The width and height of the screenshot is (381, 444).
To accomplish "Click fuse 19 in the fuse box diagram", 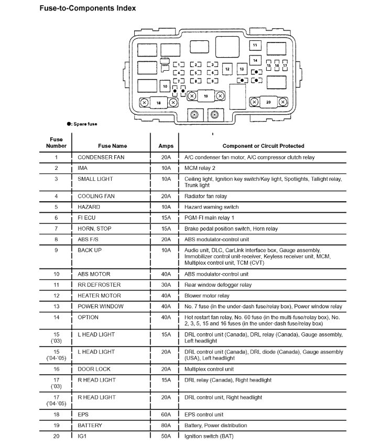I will pos(205,96).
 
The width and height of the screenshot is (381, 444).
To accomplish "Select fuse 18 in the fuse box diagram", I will pos(159,103).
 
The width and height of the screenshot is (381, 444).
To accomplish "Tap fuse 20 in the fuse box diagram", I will pos(269,102).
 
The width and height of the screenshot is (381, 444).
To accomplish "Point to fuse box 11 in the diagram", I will pos(255,46).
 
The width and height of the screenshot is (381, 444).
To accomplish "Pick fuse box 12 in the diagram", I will pos(227,69).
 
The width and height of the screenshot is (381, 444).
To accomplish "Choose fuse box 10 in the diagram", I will pos(165,85).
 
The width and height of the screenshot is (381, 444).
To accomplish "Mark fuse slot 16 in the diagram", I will pos(277,66).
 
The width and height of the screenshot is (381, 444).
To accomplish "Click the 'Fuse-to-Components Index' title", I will pos(88,8).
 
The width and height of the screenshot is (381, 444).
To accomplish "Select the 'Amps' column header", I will pos(166,146).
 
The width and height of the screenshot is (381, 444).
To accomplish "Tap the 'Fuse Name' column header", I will pos(112,146).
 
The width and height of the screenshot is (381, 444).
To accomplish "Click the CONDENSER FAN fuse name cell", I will pos(101,157).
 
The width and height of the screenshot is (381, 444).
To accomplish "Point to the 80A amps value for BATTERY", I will pos(166,425).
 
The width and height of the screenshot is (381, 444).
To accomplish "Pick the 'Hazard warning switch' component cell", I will pos(211,207).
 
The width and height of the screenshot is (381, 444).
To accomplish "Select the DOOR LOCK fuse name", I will pos(94,369).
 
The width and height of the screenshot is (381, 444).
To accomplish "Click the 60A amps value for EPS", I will pos(166,414).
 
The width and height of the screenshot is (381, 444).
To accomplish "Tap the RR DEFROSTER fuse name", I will pos(99,285).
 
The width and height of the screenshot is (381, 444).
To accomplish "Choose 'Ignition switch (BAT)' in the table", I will pos(209,436).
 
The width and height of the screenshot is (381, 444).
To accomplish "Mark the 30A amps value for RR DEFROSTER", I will pos(166,285).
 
